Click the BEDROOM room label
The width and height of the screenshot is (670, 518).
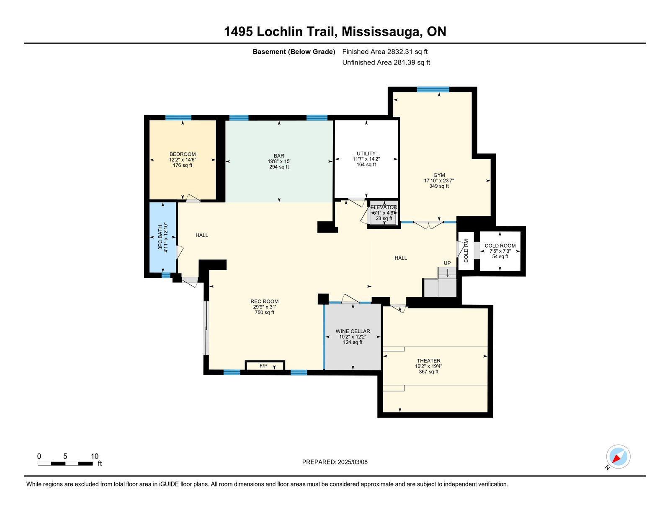(183, 154)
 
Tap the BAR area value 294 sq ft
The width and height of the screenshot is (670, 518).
(279, 167)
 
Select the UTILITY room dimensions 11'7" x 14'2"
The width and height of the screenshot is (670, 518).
(366, 159)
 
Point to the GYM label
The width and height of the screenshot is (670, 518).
(439, 175)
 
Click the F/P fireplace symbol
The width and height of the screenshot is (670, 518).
(265, 365)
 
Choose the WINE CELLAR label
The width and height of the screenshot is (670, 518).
(353, 331)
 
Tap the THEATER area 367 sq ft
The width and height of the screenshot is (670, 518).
(428, 371)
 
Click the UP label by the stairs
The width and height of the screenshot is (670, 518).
(447, 263)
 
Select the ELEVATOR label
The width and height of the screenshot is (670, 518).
(384, 207)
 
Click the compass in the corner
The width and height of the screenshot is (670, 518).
(618, 457)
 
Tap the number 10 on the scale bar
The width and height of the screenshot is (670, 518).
(95, 456)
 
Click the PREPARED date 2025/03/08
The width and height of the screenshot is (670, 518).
(353, 462)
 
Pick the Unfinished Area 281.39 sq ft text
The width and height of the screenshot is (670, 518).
(386, 62)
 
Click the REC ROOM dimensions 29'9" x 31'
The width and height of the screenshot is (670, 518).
(265, 307)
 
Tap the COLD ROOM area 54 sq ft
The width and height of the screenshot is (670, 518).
(500, 256)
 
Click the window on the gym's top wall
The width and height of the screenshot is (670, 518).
(433, 89)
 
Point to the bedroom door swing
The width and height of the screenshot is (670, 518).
(193, 198)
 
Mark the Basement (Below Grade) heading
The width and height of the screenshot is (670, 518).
(294, 52)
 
